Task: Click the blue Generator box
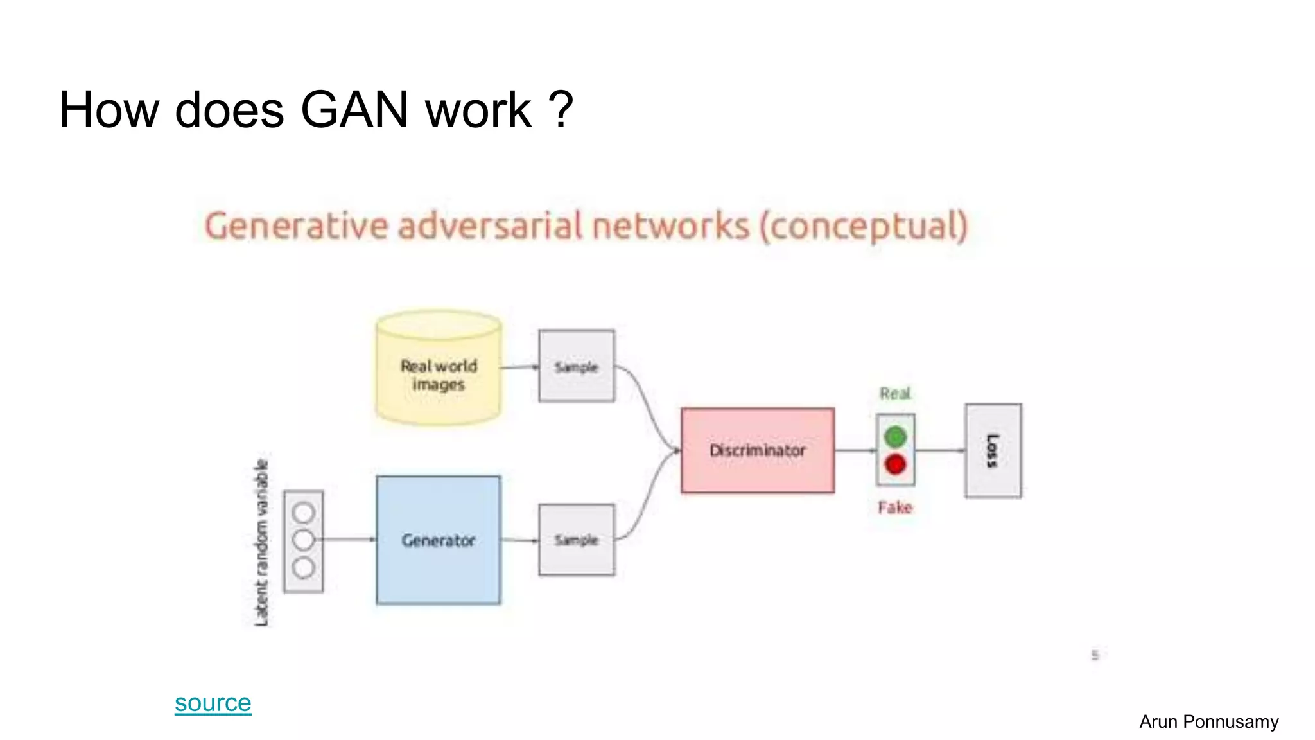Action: (x=438, y=540)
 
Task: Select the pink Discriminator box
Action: (x=758, y=450)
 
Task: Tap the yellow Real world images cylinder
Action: (x=439, y=369)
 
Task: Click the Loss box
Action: (x=993, y=450)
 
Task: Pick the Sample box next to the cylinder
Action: (x=576, y=366)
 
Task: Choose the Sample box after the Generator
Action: (x=576, y=540)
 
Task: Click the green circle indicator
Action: (x=895, y=437)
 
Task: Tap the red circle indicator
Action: (x=895, y=464)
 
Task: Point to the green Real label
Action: (x=895, y=393)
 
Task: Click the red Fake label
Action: (x=895, y=507)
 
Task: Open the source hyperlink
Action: (x=213, y=703)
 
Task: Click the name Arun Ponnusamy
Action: (x=1208, y=721)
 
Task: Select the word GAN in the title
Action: (x=354, y=110)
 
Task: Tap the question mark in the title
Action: (x=561, y=110)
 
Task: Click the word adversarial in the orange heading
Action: (x=491, y=226)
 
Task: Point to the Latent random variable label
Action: (x=261, y=542)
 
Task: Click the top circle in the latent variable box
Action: (x=303, y=513)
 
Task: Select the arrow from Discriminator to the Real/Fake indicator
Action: (x=855, y=450)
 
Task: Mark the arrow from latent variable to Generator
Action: (x=349, y=540)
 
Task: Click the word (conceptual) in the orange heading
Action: (x=864, y=227)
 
